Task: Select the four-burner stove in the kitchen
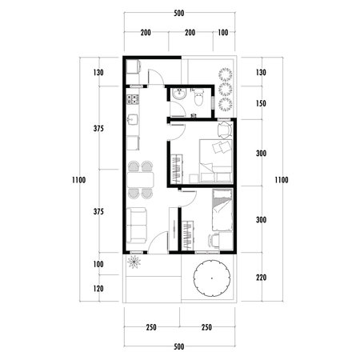point(133,100)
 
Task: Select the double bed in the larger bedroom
point(217,154)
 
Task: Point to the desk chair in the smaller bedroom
point(213,238)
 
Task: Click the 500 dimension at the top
point(179,14)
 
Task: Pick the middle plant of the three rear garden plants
point(225,89)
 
